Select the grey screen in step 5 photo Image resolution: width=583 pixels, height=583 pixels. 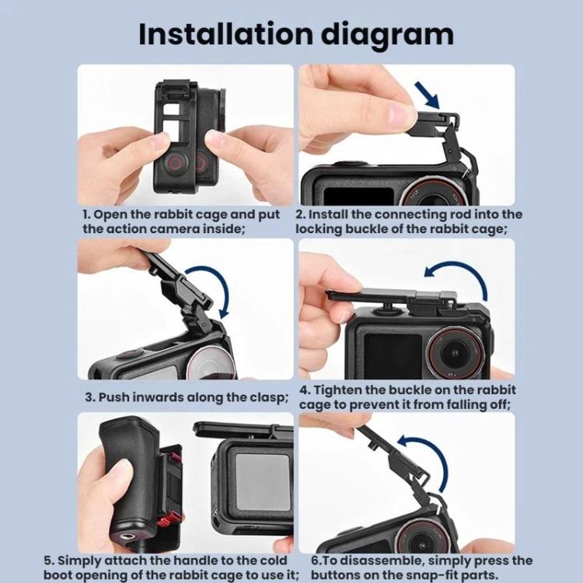[x=260, y=481]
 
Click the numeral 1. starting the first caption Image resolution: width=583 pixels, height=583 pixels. [x=87, y=214]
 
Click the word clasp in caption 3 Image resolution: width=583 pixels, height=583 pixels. [x=269, y=397]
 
